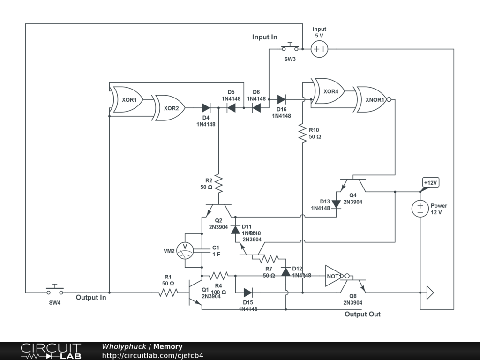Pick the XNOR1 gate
coord(373,99)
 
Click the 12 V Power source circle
coord(420,208)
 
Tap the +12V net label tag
coord(431,182)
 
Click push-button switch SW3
coord(290,48)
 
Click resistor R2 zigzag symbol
coord(218,184)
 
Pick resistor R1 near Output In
coord(168,292)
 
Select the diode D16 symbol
coord(281,99)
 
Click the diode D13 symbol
coord(336,203)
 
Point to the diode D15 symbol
coord(248,293)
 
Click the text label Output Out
coord(362,314)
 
